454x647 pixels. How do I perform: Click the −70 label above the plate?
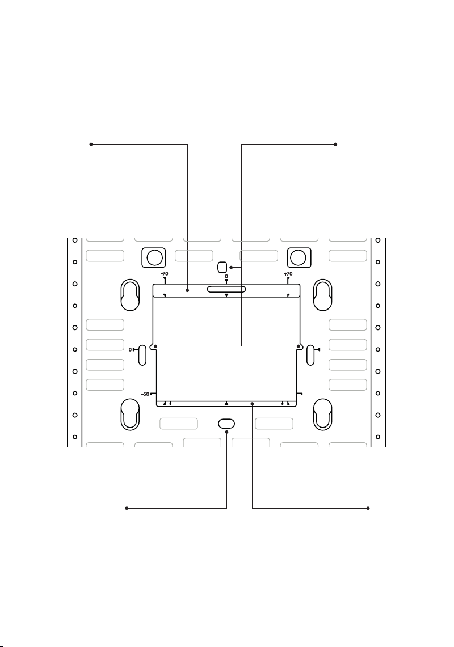coord(165,274)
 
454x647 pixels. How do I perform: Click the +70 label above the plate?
coord(288,274)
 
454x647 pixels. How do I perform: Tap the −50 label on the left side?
coord(145,394)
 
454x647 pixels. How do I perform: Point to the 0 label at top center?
coord(226,276)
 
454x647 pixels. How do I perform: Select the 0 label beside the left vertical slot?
coord(130,349)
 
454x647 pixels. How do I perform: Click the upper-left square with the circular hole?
coord(154,257)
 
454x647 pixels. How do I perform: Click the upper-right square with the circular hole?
coord(299,257)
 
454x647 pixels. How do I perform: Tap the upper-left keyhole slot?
coord(130,295)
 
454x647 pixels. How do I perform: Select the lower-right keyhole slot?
coord(323,415)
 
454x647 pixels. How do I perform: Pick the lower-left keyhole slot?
coord(130,415)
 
